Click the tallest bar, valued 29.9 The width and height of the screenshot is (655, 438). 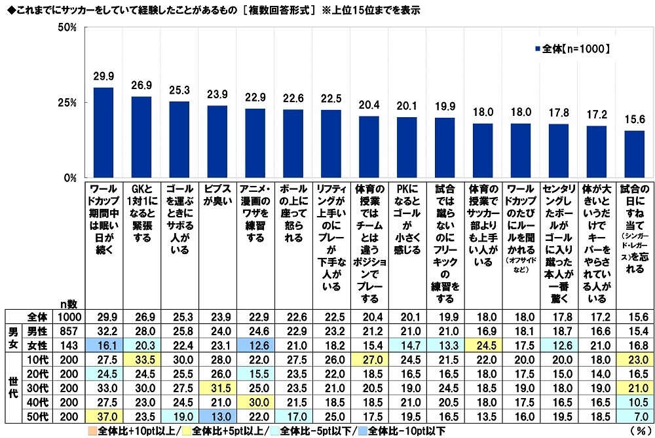click(x=103, y=133)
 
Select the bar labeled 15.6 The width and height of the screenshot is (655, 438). click(x=635, y=154)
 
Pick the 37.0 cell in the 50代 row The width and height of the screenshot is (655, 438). click(x=103, y=417)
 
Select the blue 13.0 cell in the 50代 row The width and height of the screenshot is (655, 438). click(x=217, y=417)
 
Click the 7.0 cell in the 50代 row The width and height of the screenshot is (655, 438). click(x=635, y=417)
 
